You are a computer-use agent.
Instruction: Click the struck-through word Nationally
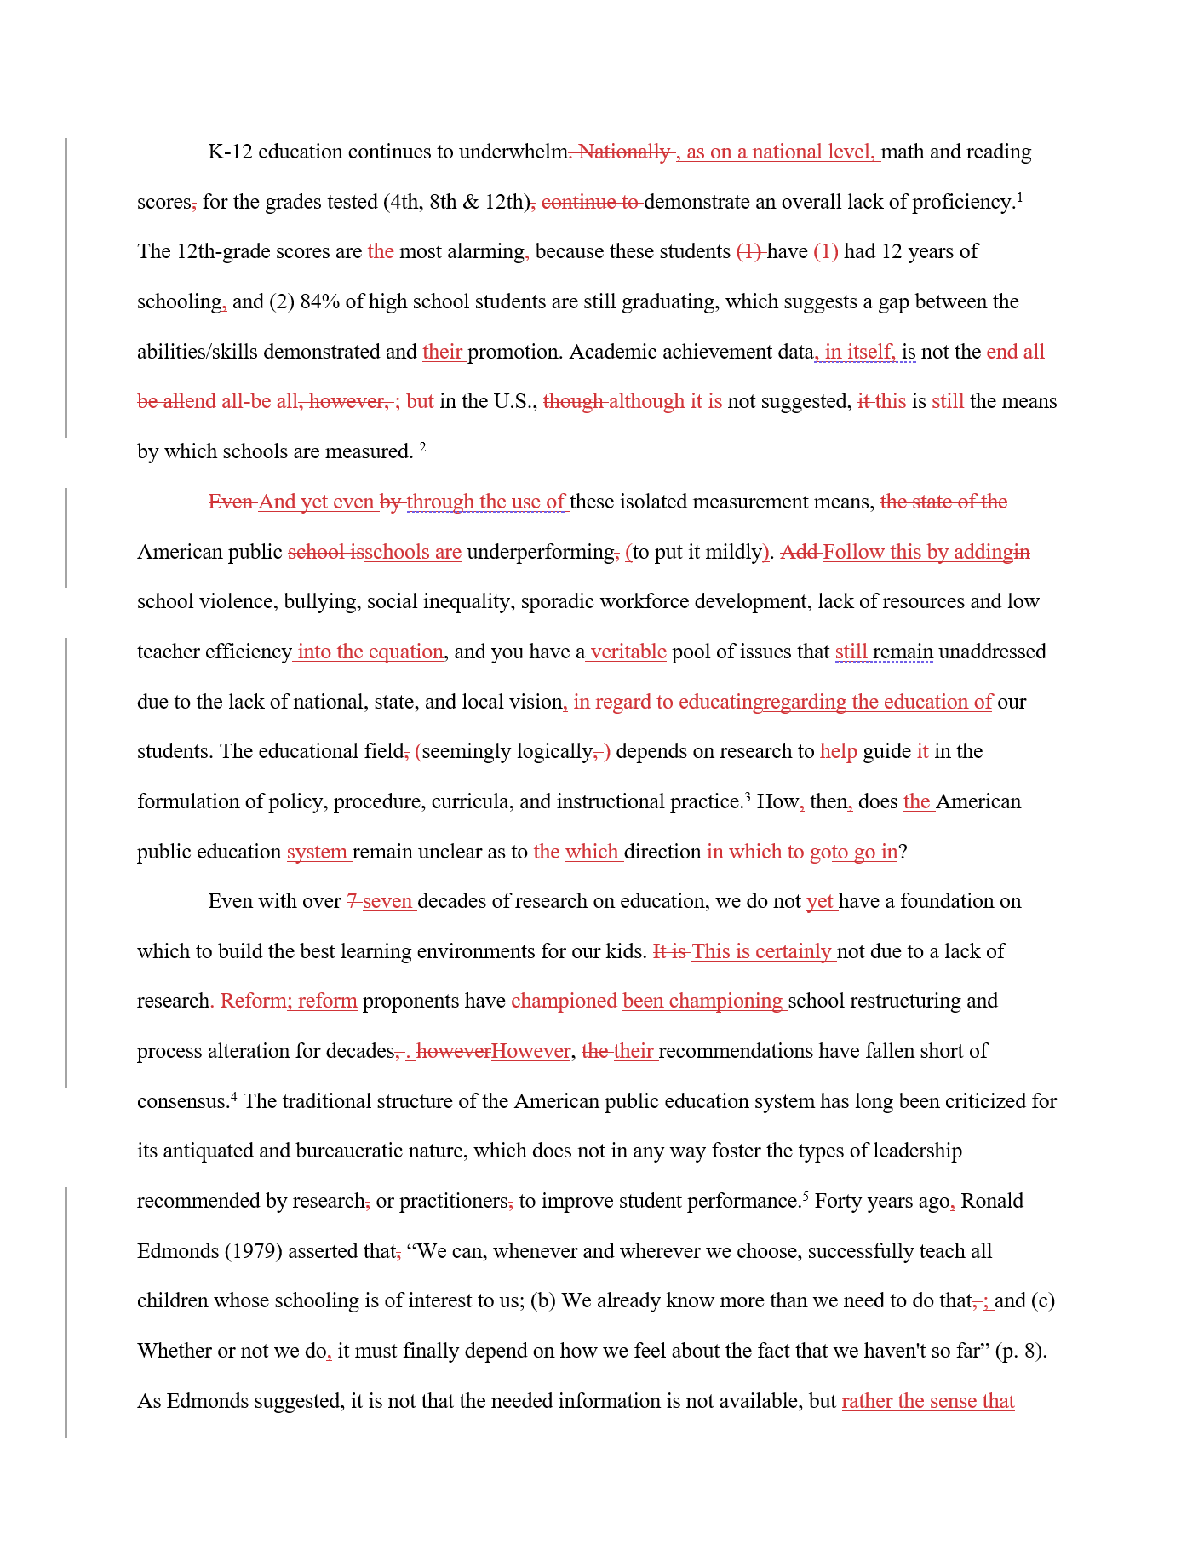pos(624,152)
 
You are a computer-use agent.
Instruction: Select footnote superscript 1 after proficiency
pos(1020,198)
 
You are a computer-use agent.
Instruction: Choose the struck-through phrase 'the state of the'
pos(943,502)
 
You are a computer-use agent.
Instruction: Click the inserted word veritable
pos(628,652)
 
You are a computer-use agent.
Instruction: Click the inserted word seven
pos(387,902)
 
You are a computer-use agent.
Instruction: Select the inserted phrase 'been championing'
pos(702,1002)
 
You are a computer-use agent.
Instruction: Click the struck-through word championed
pos(565,1002)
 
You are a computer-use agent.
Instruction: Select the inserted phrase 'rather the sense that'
pos(928,1402)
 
